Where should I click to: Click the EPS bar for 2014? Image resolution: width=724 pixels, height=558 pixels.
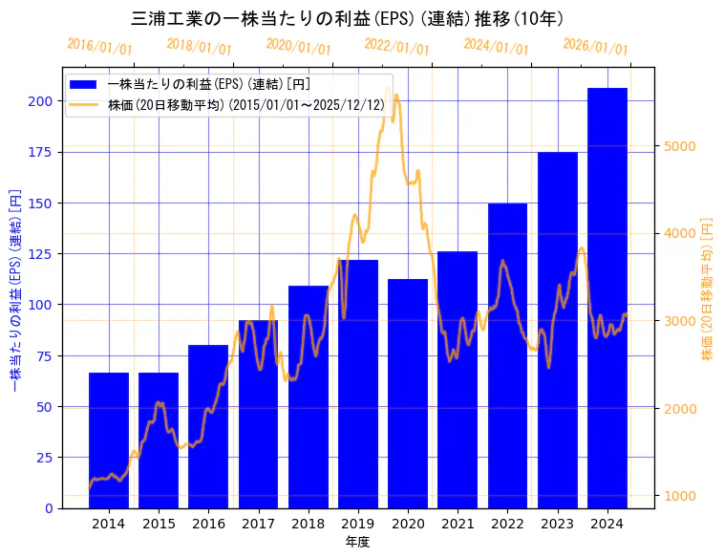(109, 440)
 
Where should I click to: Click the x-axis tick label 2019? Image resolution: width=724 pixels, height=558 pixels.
(358, 523)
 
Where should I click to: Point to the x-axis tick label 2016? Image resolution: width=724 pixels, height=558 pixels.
(208, 523)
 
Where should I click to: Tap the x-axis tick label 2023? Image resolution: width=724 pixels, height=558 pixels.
(558, 523)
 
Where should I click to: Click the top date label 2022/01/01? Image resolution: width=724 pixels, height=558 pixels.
(396, 47)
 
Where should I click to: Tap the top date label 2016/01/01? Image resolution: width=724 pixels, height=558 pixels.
(99, 46)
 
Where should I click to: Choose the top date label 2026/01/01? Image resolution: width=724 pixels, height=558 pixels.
(595, 47)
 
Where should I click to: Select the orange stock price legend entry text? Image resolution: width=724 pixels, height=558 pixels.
(246, 105)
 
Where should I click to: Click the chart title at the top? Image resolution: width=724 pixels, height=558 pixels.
(347, 19)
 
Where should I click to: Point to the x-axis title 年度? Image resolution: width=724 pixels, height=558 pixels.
(357, 541)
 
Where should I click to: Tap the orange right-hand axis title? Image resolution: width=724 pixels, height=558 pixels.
(708, 287)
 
